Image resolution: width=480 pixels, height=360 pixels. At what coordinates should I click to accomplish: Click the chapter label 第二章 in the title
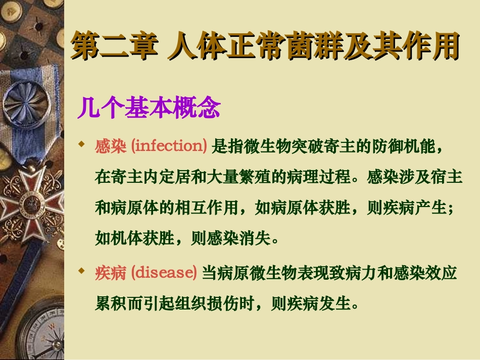pos(113,46)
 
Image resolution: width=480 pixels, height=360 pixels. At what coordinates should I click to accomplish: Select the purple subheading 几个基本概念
pos(149,108)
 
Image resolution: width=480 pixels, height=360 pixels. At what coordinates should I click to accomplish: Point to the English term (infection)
pos(169,146)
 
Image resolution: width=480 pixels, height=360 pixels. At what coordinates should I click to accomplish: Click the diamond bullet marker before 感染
pos(81,145)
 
